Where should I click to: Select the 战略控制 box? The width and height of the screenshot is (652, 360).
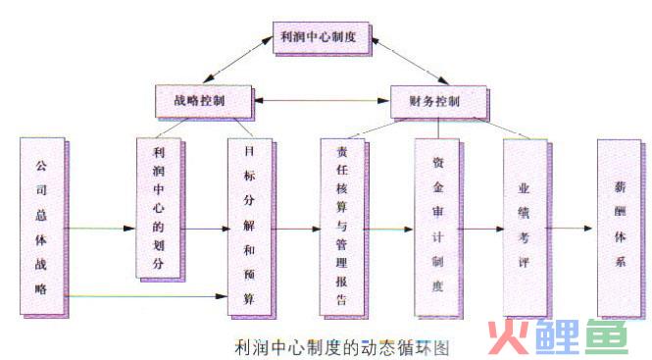203,99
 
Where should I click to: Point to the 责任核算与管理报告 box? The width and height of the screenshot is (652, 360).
340,227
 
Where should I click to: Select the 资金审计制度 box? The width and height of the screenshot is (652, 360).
435,227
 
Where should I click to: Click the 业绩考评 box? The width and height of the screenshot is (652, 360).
524,227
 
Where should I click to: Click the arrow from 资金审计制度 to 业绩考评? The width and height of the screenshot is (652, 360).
480,230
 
